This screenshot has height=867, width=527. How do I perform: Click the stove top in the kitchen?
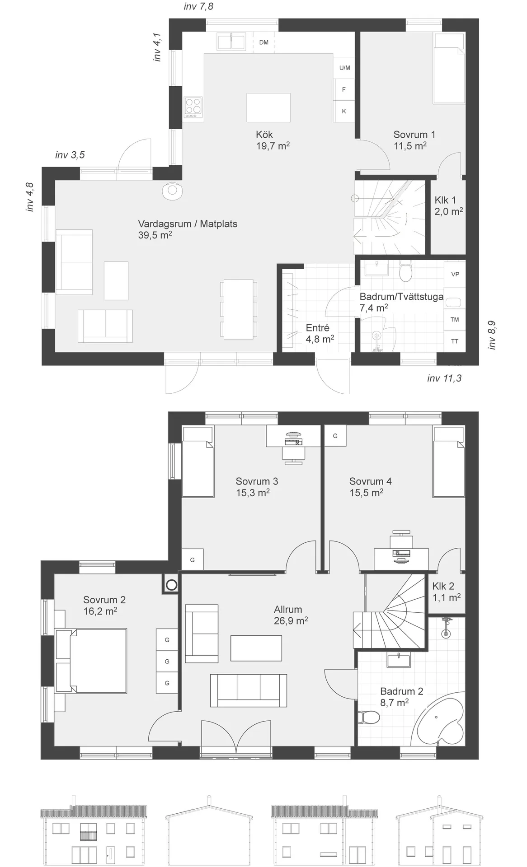pos(193,108)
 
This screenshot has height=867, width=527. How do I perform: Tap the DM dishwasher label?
pos(264,42)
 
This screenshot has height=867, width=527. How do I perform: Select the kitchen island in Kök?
pos(268,107)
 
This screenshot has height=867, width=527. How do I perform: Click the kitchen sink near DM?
pos(231,42)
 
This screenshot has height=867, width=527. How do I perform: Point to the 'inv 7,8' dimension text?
pos(198,6)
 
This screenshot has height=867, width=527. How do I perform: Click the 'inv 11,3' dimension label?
pos(444,378)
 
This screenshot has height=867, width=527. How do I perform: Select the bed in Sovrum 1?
pos(449,68)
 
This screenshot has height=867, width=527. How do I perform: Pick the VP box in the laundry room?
pos(455,274)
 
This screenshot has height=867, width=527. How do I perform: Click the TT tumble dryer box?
pos(455,341)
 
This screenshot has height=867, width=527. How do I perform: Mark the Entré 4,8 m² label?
pos(320,333)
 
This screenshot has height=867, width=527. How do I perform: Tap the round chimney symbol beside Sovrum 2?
pos(171,585)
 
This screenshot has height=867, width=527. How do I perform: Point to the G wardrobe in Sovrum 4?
pos(335,436)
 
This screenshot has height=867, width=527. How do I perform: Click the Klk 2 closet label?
pos(447,592)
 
